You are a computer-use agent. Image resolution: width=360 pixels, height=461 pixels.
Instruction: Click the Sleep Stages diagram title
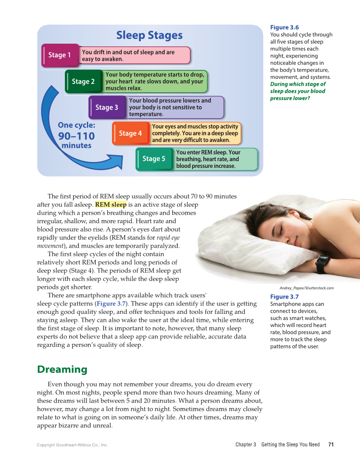click(x=149, y=35)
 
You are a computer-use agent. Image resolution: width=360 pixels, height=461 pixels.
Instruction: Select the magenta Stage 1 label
click(x=60, y=55)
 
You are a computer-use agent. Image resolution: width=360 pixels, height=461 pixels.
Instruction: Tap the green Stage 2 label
click(x=83, y=81)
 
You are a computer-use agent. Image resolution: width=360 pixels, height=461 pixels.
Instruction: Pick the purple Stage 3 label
click(x=107, y=107)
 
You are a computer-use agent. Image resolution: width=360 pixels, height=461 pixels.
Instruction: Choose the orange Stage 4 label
click(x=130, y=133)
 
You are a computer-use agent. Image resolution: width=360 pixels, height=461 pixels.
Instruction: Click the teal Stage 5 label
click(x=154, y=159)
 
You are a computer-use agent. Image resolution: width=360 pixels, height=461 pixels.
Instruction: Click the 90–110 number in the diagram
click(x=76, y=136)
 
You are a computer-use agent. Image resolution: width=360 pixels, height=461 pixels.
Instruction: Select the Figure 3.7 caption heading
click(x=284, y=297)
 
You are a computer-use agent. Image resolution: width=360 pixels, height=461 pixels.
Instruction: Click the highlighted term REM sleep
click(x=111, y=204)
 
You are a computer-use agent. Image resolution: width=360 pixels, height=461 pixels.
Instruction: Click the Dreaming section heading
click(x=62, y=369)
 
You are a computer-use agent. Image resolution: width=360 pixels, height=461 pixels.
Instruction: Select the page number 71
click(x=331, y=444)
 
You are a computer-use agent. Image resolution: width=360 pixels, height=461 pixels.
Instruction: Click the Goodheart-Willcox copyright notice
click(x=72, y=445)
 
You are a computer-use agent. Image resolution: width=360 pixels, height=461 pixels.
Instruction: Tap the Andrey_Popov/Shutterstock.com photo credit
click(x=307, y=288)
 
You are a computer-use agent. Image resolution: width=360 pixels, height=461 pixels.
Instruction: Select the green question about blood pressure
click(x=298, y=91)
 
